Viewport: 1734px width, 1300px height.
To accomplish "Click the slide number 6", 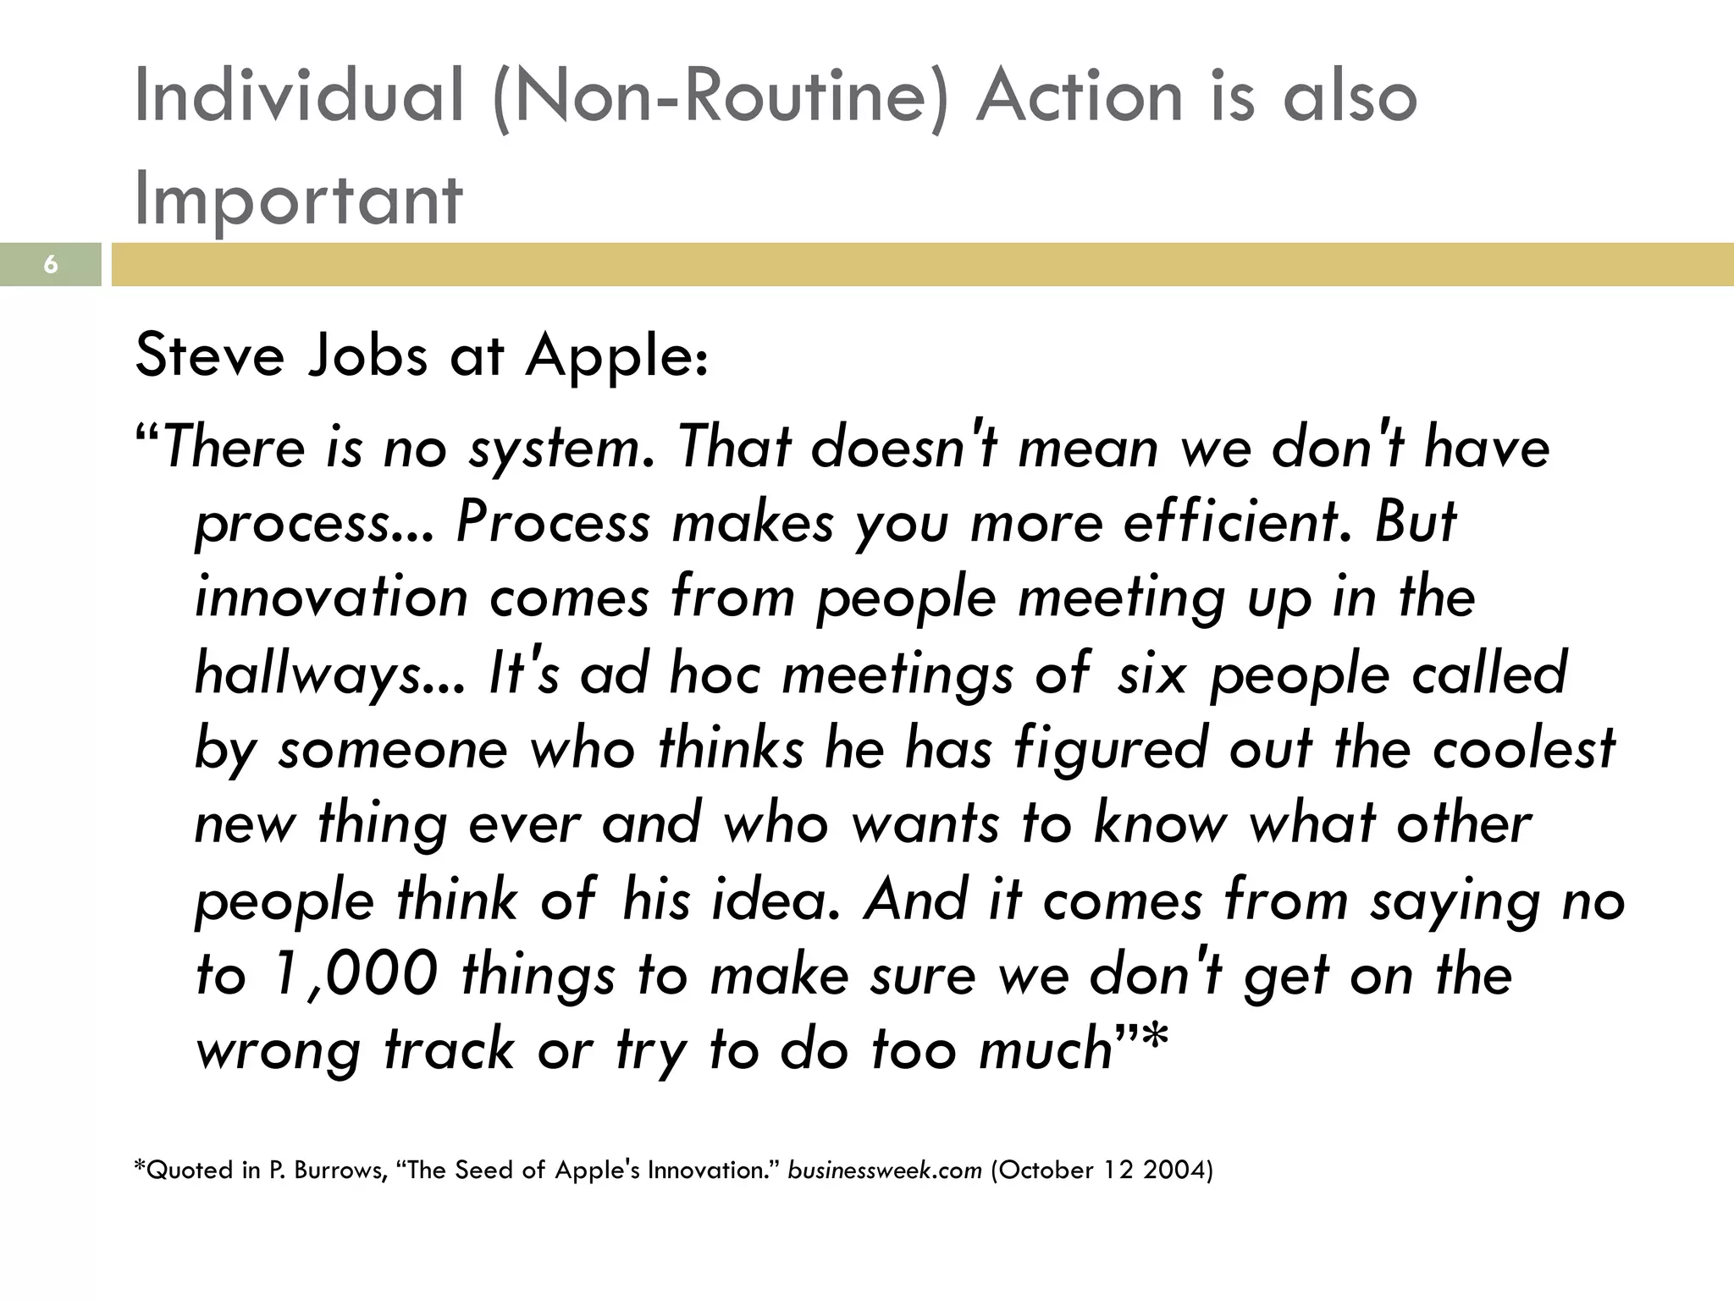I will click(51, 265).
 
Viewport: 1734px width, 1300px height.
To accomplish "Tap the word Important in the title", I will click(298, 199).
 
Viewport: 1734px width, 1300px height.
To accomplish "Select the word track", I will click(450, 1049).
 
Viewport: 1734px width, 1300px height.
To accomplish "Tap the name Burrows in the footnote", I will click(339, 1171).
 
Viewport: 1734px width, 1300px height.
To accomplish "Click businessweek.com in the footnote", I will click(884, 1171).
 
